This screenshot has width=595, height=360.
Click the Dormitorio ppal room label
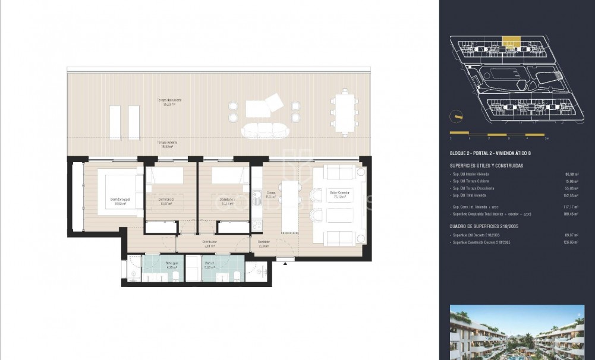[x=121, y=200]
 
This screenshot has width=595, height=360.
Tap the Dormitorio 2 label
[x=166, y=200]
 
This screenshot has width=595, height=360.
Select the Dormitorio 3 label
[x=226, y=200]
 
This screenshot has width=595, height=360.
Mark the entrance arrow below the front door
[x=285, y=260]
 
